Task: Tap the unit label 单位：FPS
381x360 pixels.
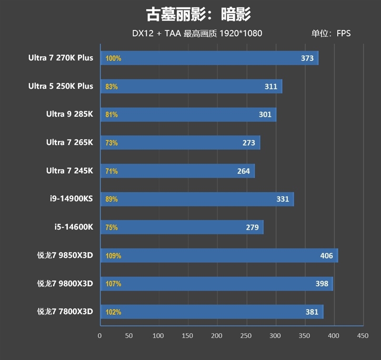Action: tap(331, 33)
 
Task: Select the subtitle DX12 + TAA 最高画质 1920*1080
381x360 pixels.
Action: tap(197, 33)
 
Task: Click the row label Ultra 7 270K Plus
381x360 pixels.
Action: tap(60, 58)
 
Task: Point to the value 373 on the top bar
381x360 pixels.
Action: tap(307, 58)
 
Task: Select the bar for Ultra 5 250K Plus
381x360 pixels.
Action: tap(190, 86)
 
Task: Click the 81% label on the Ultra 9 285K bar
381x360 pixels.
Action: tap(111, 114)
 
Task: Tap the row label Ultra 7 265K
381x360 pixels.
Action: tap(70, 143)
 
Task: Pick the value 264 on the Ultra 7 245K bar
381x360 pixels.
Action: tap(243, 171)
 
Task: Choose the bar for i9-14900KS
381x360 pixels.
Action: tap(197, 199)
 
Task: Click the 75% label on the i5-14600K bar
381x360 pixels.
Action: tap(111, 227)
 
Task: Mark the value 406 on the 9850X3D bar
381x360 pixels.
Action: tap(326, 256)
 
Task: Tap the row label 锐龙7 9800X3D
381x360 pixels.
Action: tap(65, 284)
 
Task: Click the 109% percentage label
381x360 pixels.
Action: tap(113, 256)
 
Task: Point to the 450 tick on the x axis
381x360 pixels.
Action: tap(362, 336)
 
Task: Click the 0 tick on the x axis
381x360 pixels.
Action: tap(100, 336)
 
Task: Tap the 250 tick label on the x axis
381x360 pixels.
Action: tap(246, 336)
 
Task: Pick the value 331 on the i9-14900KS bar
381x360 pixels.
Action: tap(282, 199)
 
